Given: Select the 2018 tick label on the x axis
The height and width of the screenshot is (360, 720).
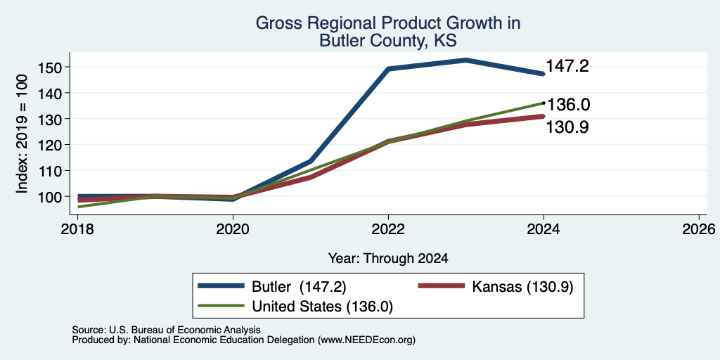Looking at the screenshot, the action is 77,229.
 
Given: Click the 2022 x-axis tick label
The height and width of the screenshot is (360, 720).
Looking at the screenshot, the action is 388,229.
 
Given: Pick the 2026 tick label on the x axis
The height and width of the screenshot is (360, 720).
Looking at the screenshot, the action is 699,229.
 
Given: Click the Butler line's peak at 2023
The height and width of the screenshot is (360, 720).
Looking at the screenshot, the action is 466,60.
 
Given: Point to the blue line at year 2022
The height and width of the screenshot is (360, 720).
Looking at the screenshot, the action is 388,69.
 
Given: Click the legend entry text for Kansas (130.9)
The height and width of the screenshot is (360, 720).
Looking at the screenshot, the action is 522,287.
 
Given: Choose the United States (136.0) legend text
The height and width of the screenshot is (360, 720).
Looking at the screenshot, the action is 322,307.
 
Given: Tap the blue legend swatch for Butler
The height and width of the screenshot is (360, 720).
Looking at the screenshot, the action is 221,286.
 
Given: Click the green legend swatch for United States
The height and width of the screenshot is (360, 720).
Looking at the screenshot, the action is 221,305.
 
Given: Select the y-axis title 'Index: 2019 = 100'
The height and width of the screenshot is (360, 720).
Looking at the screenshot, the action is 22,134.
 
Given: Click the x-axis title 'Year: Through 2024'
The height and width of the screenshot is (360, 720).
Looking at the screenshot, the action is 388,259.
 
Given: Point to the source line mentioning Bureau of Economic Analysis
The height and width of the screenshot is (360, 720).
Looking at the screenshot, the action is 166,330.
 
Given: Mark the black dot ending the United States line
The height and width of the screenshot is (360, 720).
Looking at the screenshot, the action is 544,103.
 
